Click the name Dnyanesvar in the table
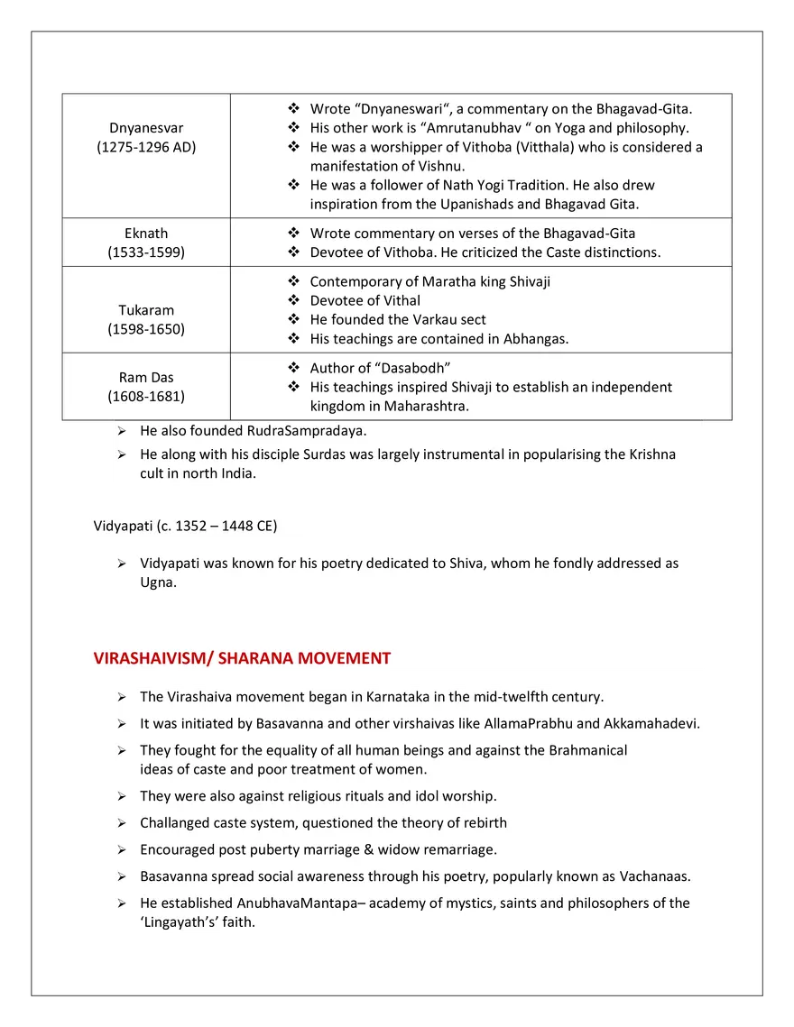coord(146,128)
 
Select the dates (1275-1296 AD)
coord(146,147)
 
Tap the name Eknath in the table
coord(146,234)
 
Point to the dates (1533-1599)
coord(146,252)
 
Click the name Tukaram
coord(146,310)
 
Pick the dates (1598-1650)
coord(146,329)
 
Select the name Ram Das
coord(146,378)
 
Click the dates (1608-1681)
coord(146,397)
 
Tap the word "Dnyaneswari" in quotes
coord(401,109)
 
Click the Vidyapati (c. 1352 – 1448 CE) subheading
coord(185,526)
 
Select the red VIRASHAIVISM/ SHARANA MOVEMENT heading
coord(242,658)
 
